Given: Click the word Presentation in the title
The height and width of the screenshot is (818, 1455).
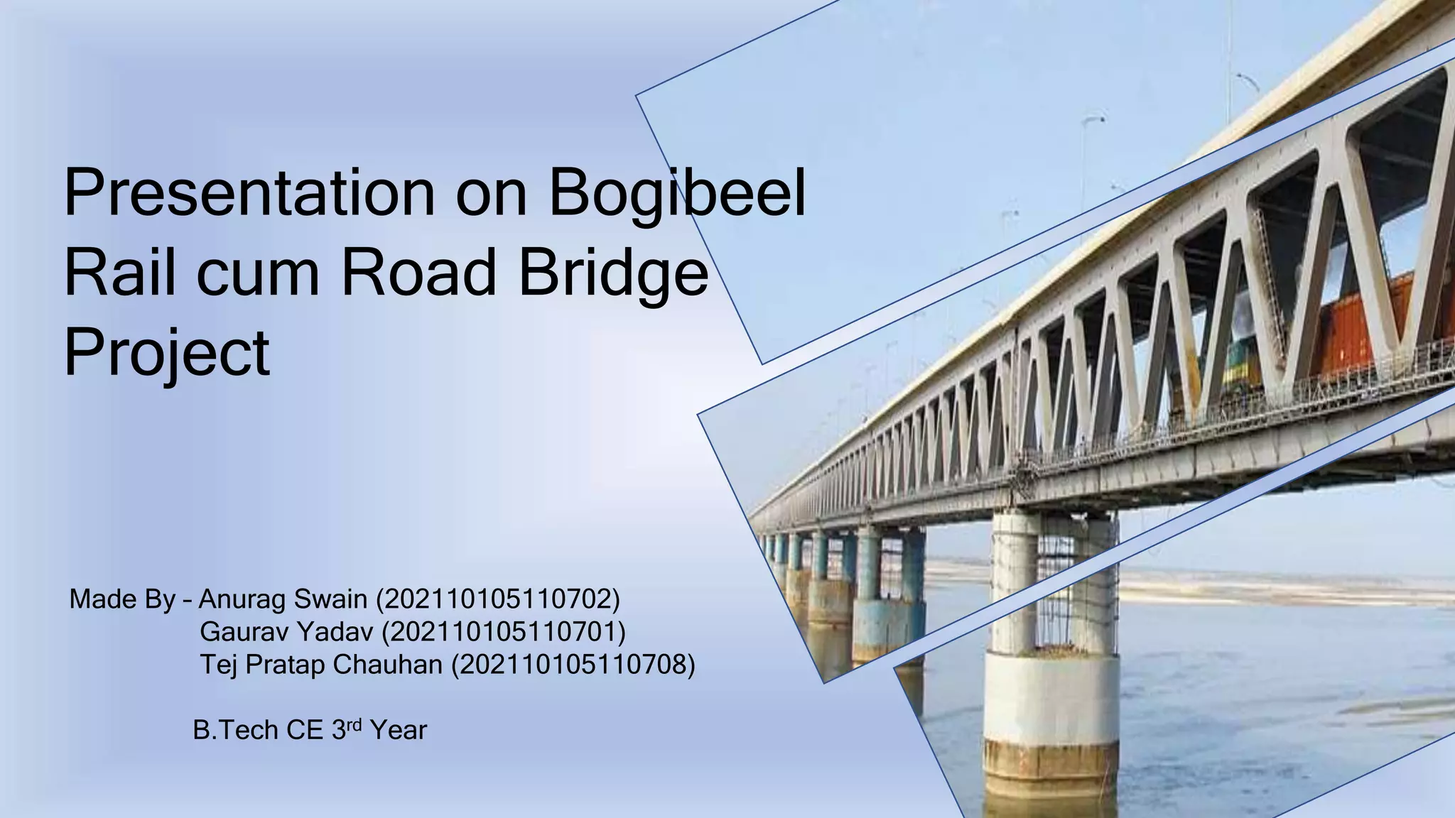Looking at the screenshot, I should point(249,194).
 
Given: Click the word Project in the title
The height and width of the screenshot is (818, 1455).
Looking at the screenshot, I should point(167,353).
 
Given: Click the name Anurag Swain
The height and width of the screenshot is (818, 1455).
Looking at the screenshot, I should point(282,600).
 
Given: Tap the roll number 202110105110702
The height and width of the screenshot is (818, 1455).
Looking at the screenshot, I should point(497,600).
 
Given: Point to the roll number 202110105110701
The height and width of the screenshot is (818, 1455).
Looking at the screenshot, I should point(503,631).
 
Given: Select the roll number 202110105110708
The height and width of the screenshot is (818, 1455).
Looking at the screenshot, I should point(573,665).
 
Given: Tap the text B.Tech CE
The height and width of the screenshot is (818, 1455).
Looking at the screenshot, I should point(259,731).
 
